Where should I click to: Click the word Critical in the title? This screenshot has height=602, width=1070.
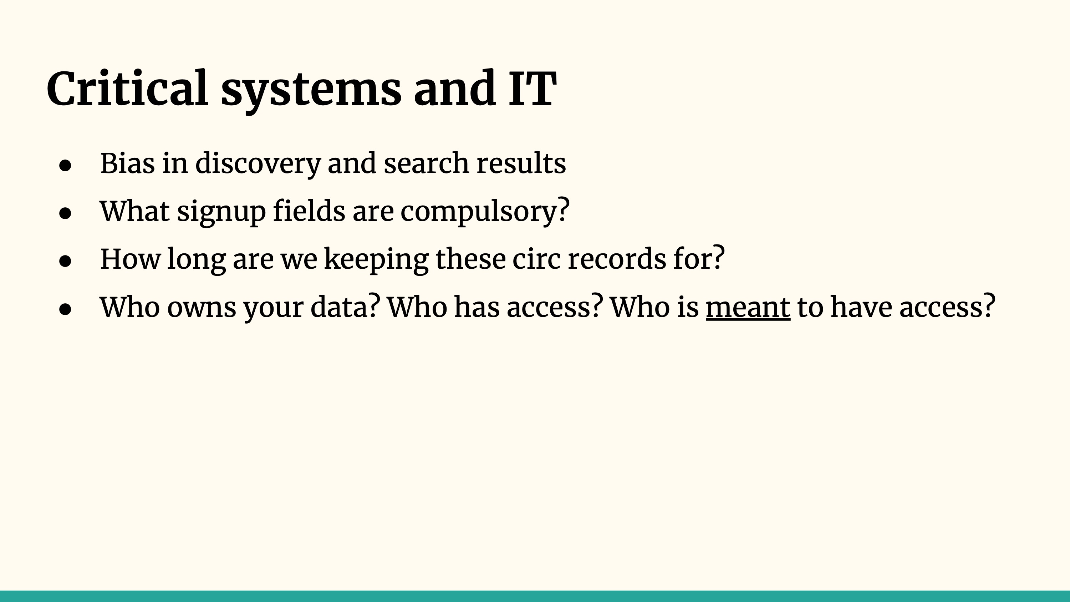[127, 88]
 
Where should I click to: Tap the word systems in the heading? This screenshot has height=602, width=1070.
[311, 92]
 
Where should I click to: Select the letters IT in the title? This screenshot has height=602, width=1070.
[533, 88]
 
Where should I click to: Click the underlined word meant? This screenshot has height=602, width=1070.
[748, 308]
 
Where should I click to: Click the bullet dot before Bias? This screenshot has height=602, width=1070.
[65, 165]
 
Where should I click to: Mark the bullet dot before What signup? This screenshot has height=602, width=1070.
[65, 213]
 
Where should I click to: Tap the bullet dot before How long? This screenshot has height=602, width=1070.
[65, 261]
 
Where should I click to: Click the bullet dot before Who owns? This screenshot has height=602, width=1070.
[65, 309]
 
